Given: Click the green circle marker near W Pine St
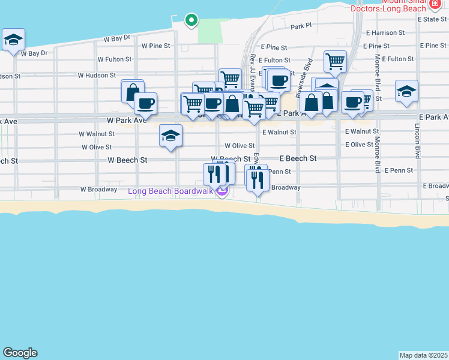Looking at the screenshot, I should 191,20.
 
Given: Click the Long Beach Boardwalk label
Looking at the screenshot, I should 171,191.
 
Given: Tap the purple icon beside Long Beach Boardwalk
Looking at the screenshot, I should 222,191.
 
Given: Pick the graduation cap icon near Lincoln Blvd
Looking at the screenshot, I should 406,92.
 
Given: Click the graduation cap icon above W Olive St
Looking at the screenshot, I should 170,136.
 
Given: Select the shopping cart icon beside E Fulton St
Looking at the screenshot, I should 334,61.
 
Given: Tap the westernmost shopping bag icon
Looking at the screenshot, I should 132,92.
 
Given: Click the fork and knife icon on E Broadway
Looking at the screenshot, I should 258,178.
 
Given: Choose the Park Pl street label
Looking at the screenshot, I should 301,26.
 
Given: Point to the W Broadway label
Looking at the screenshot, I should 98,189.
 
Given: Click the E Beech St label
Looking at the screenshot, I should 298,158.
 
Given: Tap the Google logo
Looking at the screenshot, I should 20,353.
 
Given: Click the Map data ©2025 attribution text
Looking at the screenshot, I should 423,355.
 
